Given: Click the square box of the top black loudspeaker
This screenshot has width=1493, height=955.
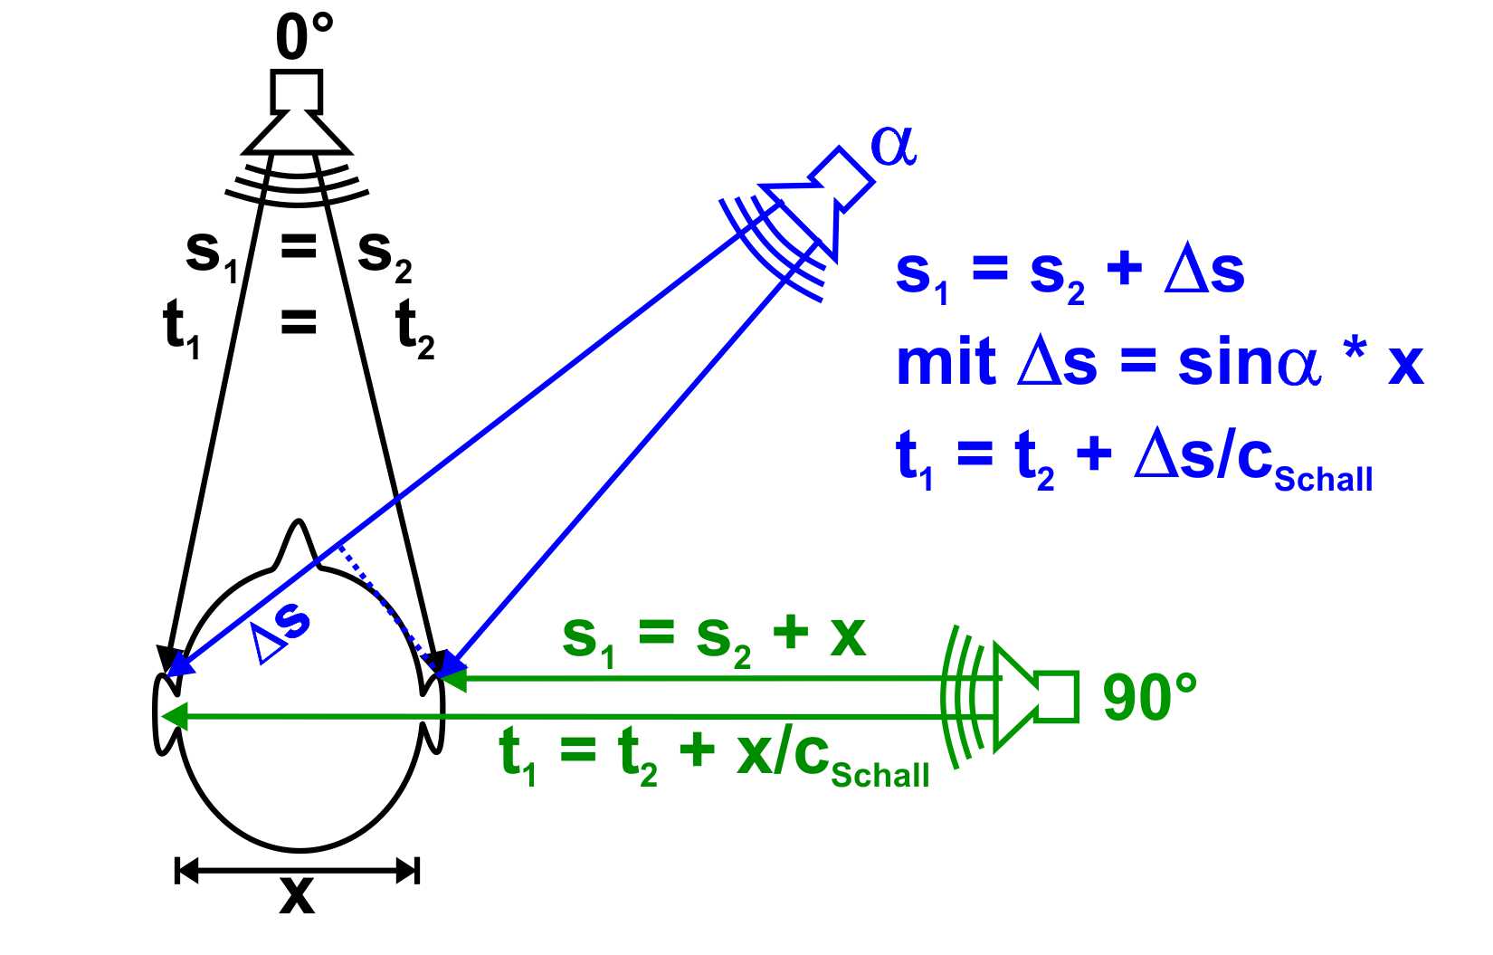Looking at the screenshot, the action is point(297,91).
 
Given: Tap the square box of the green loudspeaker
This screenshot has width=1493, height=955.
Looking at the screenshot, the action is point(1057,696).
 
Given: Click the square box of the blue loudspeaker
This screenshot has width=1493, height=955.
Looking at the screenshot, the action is point(842,178).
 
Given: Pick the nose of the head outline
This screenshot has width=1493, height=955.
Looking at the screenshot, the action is point(298,543).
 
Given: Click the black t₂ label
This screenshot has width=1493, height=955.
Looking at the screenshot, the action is point(414,329).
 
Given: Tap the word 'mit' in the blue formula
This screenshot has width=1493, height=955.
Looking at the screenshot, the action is point(946,364).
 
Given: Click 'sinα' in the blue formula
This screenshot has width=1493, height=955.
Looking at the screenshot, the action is point(1250,364).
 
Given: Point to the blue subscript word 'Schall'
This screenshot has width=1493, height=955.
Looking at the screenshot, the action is point(1324,479).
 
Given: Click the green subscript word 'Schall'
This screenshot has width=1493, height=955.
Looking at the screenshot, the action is point(880,775).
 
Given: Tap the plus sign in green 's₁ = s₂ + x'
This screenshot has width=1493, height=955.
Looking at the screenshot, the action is point(792,633).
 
